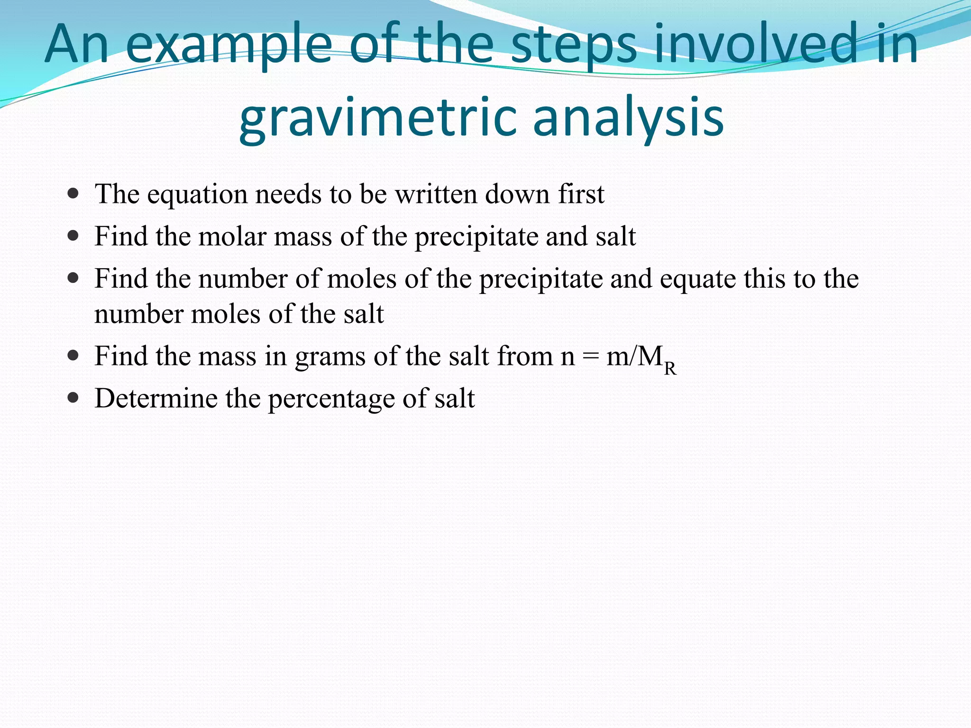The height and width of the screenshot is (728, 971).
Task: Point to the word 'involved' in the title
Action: point(756,45)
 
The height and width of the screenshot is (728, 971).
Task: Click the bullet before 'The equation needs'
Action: point(73,194)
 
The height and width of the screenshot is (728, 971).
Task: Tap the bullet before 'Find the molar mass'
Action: point(73,236)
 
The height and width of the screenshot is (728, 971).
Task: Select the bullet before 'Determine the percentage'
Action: point(73,398)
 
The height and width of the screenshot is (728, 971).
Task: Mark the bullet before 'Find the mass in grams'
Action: point(73,356)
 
